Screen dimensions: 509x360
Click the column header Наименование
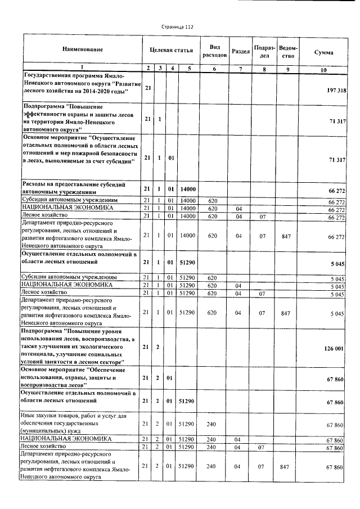pos(82,51)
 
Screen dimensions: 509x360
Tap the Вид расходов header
pos(214,51)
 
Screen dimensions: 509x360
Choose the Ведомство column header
pos(288,51)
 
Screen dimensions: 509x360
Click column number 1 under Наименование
pos(82,69)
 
